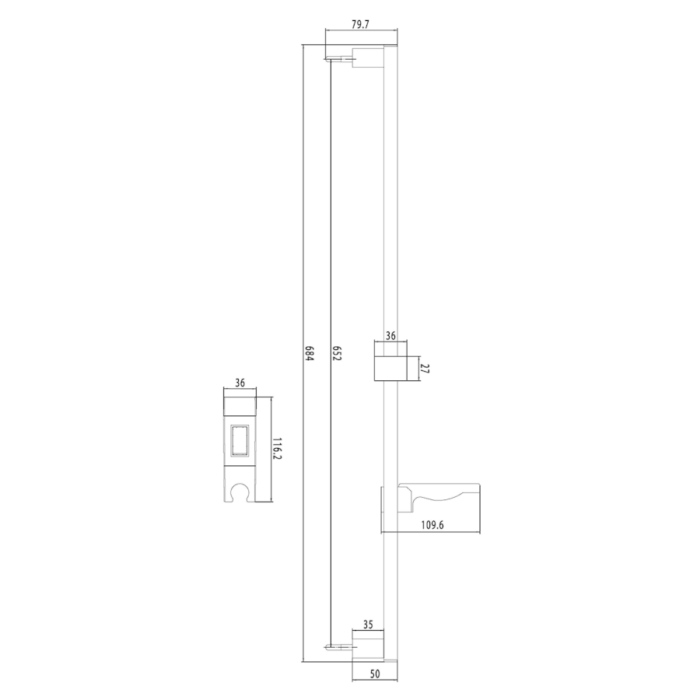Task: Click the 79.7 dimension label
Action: tap(360, 25)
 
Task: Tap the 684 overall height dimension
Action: tap(310, 353)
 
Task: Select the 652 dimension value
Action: tap(337, 353)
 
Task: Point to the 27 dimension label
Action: tap(425, 369)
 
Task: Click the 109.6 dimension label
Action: tap(432, 524)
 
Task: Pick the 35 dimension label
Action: tap(368, 625)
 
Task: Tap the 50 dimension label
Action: tap(375, 674)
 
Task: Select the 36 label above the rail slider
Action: tap(390, 336)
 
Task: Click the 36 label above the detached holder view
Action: tap(240, 383)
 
